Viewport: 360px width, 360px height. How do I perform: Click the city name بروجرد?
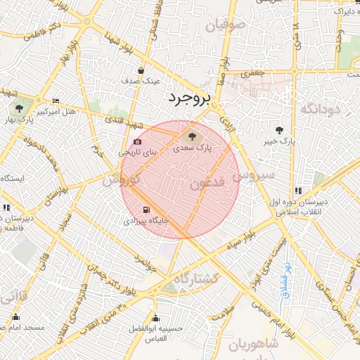coord(189,99)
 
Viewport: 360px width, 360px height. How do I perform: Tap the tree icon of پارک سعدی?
coord(192,136)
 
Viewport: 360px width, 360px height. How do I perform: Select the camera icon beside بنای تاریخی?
coord(137,141)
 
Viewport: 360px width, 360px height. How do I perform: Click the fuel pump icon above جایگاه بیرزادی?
coord(146,210)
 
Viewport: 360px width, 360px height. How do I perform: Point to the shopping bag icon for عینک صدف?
coord(141,70)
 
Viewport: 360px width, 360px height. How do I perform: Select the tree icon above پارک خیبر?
coord(279,130)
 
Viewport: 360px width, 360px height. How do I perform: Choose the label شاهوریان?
coord(254,345)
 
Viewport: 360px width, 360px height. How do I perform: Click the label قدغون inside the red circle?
coord(206,184)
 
